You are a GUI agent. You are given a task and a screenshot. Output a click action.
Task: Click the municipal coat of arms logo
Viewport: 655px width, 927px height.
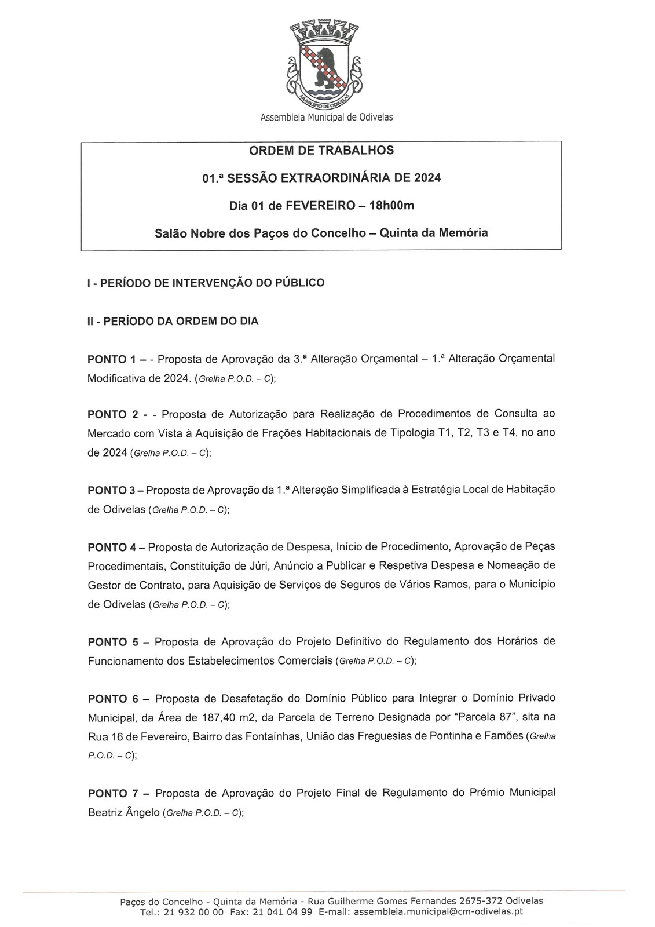pyautogui.click(x=324, y=64)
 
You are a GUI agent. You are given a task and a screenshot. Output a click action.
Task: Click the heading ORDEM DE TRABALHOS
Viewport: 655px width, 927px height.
pyautogui.click(x=321, y=151)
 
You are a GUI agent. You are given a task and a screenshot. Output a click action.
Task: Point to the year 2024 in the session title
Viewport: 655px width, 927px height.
pyautogui.click(x=427, y=178)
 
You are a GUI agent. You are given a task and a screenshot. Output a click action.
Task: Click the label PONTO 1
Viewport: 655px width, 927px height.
pyautogui.click(x=111, y=359)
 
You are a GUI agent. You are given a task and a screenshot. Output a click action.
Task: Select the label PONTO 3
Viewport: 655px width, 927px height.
pyautogui.click(x=111, y=490)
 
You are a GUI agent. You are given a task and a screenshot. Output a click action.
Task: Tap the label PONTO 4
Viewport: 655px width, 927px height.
pyautogui.click(x=111, y=547)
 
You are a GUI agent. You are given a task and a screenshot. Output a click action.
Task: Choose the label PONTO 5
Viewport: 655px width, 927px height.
pyautogui.click(x=111, y=642)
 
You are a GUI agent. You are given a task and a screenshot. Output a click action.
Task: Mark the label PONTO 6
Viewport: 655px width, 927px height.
pyautogui.click(x=111, y=699)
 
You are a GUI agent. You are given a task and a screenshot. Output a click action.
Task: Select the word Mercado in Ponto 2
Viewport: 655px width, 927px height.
pyautogui.click(x=109, y=433)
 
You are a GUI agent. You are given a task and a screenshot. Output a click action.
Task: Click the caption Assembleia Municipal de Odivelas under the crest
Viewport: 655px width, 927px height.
pyautogui.click(x=327, y=118)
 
